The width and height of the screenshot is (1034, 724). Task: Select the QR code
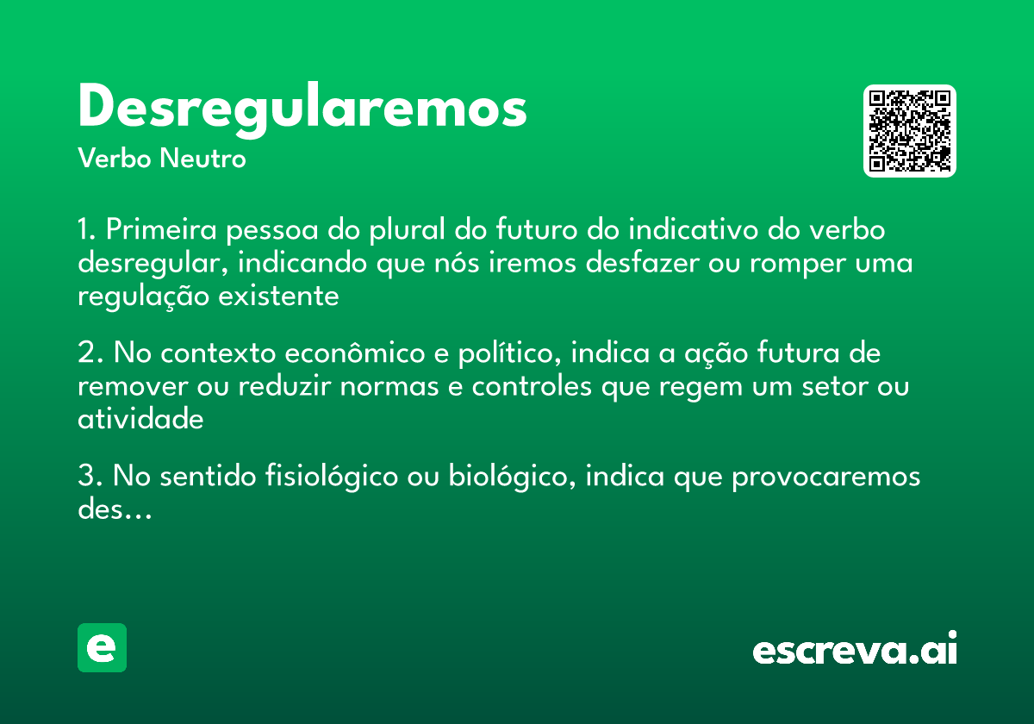[x=910, y=131]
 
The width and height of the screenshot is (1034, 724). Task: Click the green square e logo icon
[x=102, y=647]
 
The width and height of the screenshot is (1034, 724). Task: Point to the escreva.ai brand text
[x=855, y=649]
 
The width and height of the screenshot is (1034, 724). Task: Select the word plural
[x=404, y=232]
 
